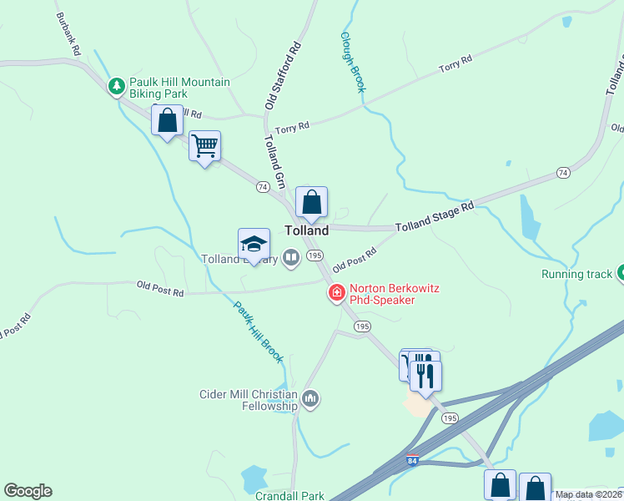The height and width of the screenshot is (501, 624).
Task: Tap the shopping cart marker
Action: point(204,146)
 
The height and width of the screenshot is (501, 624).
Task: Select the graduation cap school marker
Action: point(254,244)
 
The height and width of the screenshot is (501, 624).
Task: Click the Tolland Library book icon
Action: point(291,258)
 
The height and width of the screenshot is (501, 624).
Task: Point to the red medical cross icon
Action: point(336,292)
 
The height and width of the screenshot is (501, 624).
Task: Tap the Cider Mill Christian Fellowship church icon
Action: point(310,398)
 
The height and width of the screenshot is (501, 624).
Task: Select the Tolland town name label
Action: point(306,230)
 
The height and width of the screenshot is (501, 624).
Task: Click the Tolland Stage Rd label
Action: point(434,215)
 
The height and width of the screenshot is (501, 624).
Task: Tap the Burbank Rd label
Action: point(69,33)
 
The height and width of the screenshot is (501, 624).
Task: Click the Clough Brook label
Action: point(352,63)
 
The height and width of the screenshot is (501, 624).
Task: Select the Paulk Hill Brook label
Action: point(258,331)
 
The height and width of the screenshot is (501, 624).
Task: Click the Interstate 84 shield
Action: point(413,460)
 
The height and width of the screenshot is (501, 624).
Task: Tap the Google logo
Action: point(28,491)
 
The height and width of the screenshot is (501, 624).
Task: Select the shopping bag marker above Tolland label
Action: point(311,202)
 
